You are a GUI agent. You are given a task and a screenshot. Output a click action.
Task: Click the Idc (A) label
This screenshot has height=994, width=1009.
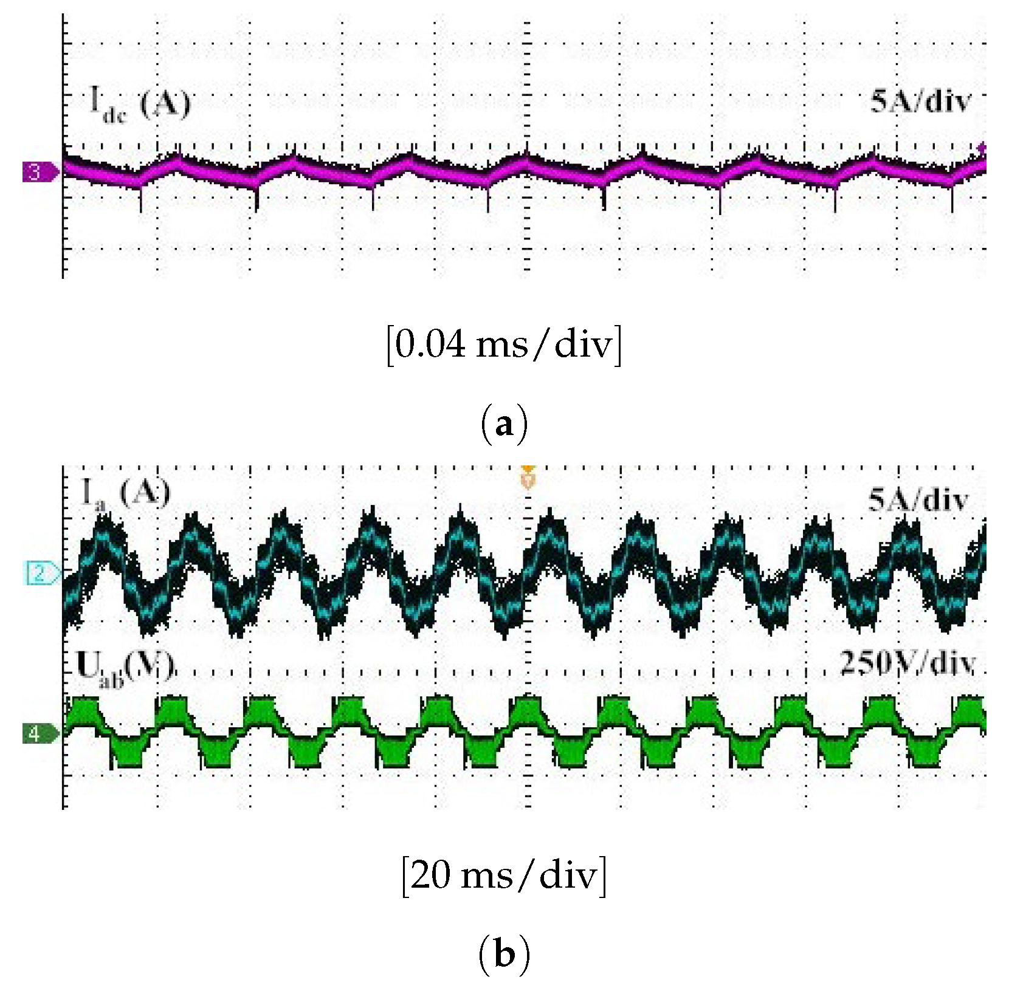pos(140,105)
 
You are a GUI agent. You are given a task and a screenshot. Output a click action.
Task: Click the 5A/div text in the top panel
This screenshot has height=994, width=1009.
pos(920,101)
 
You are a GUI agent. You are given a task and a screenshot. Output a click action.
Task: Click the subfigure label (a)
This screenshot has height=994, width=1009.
pos(504,425)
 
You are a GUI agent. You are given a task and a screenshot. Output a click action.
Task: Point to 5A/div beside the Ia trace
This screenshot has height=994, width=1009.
pos(918,501)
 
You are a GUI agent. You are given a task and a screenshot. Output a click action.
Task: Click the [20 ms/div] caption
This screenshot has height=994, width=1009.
pos(504,876)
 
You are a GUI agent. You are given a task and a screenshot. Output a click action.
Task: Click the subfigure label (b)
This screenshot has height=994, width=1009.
pos(504,955)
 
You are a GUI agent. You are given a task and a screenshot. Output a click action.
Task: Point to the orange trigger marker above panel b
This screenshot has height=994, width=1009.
pos(528,478)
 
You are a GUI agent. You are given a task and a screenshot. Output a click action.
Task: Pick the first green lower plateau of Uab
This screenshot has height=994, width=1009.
pos(128,753)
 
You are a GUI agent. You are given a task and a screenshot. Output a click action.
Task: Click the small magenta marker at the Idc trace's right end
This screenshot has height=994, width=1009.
pos(980,148)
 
